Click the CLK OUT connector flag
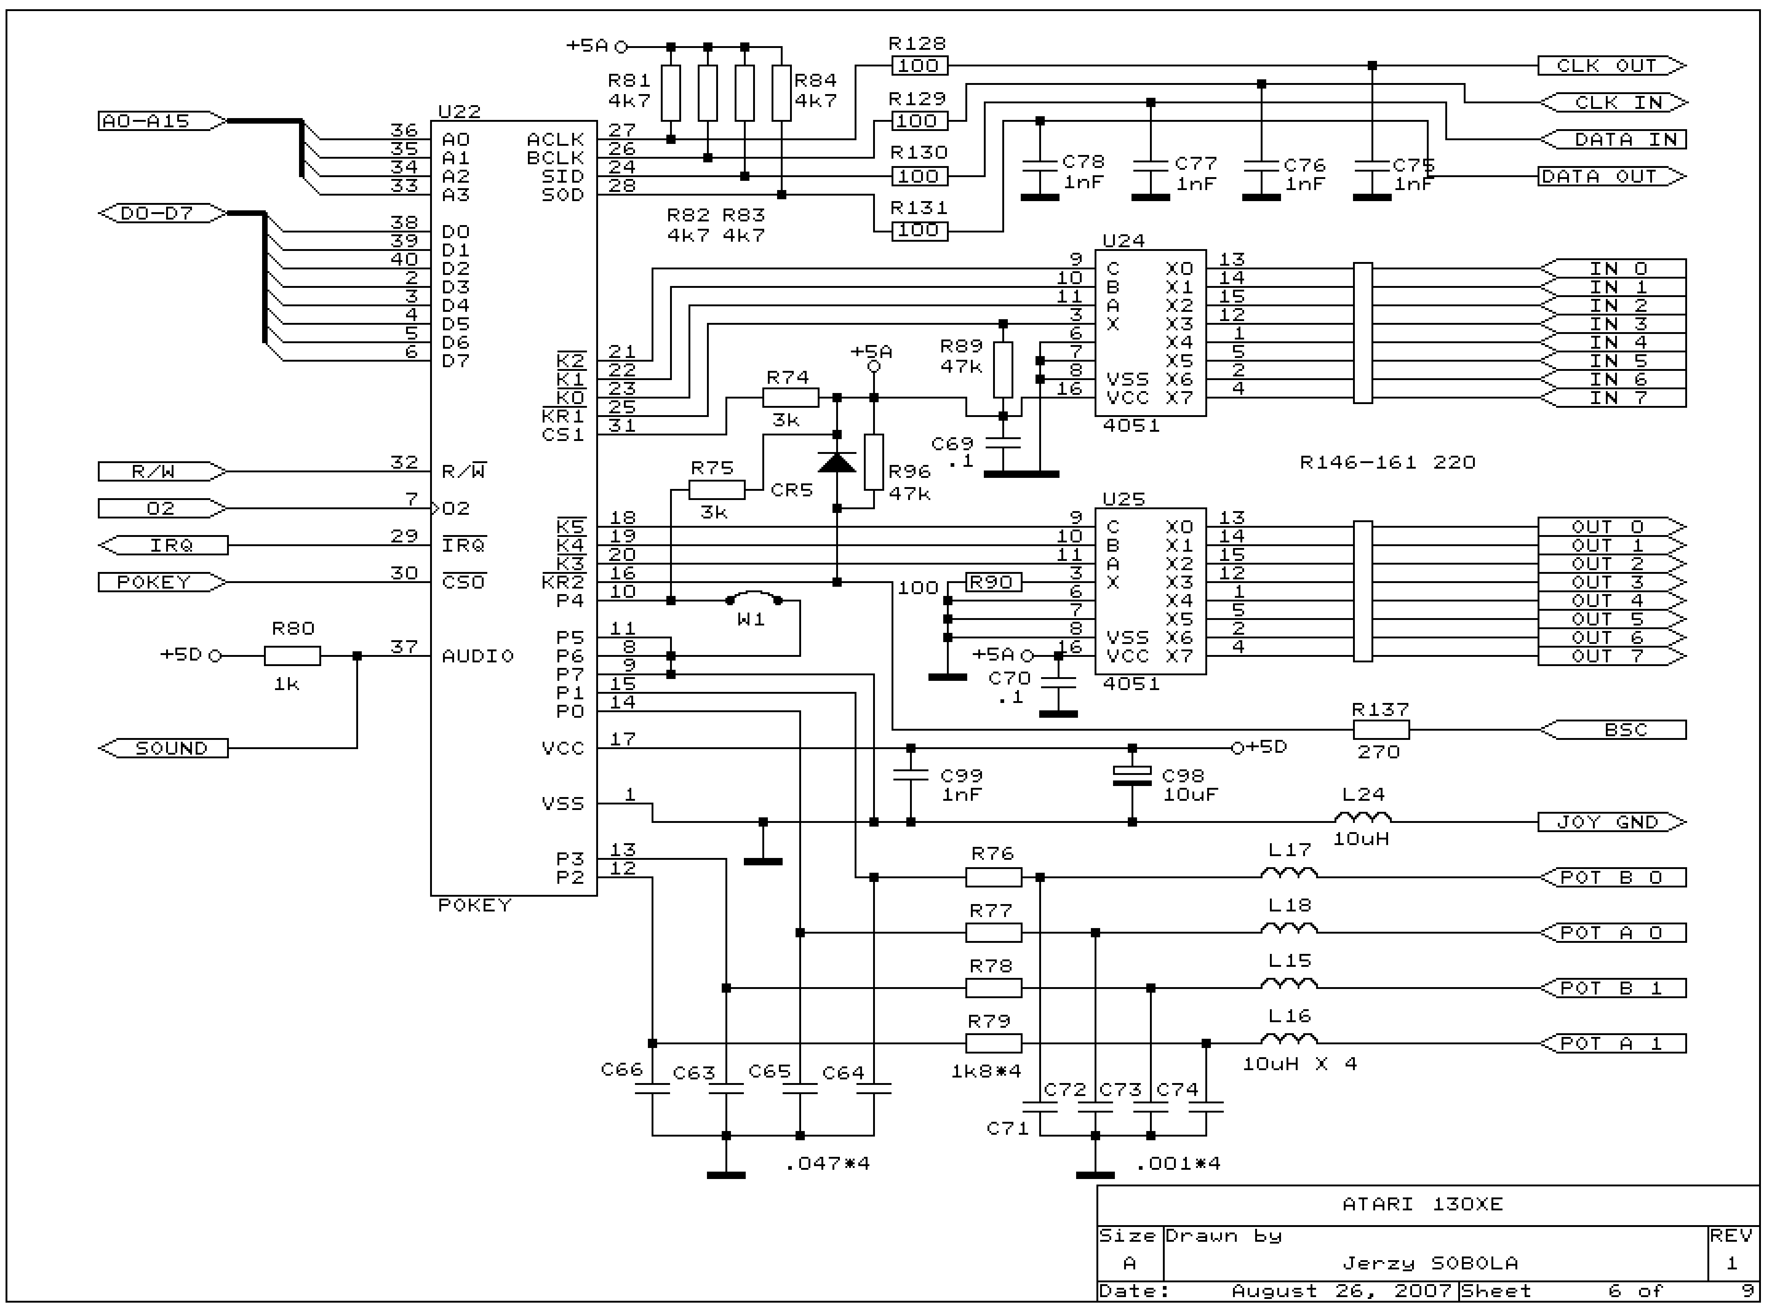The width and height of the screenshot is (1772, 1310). pyautogui.click(x=1611, y=66)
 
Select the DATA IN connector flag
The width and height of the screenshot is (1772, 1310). pyautogui.click(x=1613, y=140)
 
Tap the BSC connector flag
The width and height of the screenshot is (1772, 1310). pyautogui.click(x=1613, y=730)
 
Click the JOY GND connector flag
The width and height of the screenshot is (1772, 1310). pyautogui.click(x=1611, y=822)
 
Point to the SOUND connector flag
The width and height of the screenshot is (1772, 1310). pyautogui.click(x=163, y=748)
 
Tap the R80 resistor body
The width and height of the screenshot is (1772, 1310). pyautogui.click(x=293, y=656)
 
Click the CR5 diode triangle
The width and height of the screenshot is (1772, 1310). pyautogui.click(x=837, y=462)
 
